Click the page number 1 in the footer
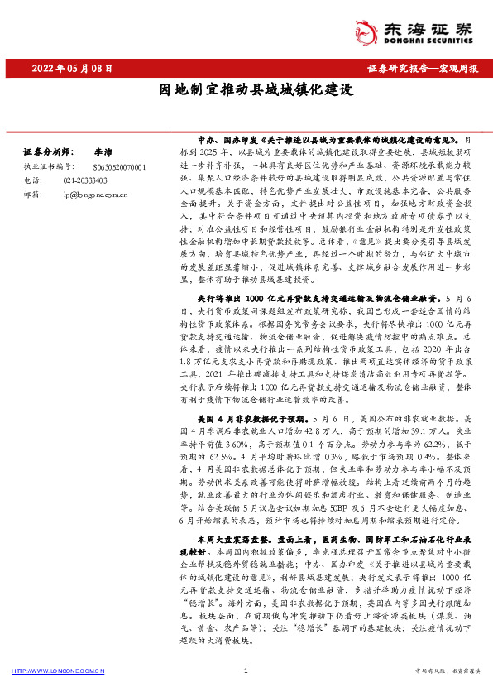[247, 671]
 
